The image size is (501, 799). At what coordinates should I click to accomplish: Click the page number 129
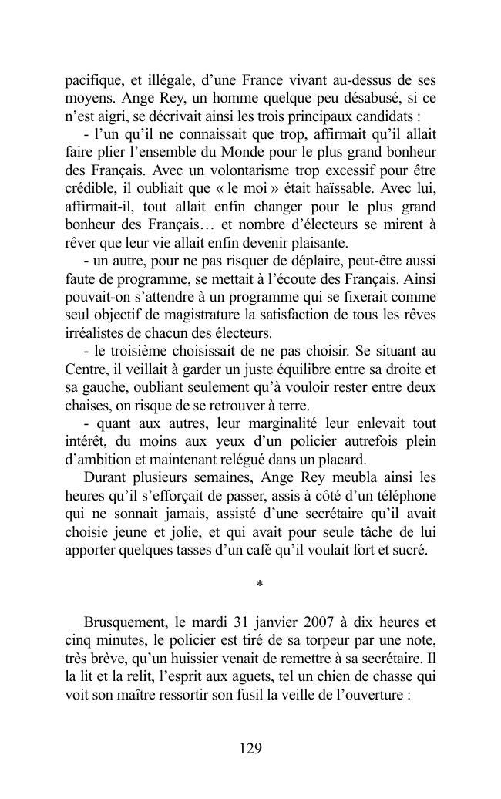click(250, 748)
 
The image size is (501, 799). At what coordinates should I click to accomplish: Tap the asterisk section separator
click(259, 585)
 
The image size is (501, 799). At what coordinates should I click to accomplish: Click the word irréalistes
click(96, 334)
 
